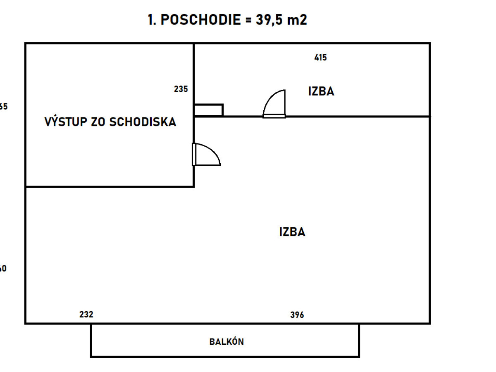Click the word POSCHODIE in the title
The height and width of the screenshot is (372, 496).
click(200, 20)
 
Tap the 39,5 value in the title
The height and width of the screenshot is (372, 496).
click(269, 20)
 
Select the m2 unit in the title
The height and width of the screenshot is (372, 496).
click(297, 20)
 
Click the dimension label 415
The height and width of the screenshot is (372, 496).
click(320, 58)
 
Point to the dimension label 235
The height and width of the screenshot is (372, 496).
click(181, 89)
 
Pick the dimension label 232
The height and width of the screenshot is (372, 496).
click(86, 315)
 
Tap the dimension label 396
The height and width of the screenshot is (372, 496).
click(297, 315)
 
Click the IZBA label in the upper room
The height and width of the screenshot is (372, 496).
click(321, 91)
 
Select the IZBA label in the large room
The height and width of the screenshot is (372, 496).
click(292, 232)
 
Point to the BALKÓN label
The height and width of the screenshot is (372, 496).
click(227, 342)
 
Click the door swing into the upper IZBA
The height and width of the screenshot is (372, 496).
click(274, 104)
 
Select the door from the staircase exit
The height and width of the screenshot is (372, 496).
click(206, 154)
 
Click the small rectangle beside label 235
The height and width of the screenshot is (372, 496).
click(209, 110)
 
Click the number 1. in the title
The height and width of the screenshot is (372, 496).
click(152, 20)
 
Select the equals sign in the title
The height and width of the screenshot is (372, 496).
click(248, 20)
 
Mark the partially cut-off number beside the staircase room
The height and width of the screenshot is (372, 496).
click(3, 107)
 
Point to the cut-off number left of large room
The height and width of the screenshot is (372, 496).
click(3, 269)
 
